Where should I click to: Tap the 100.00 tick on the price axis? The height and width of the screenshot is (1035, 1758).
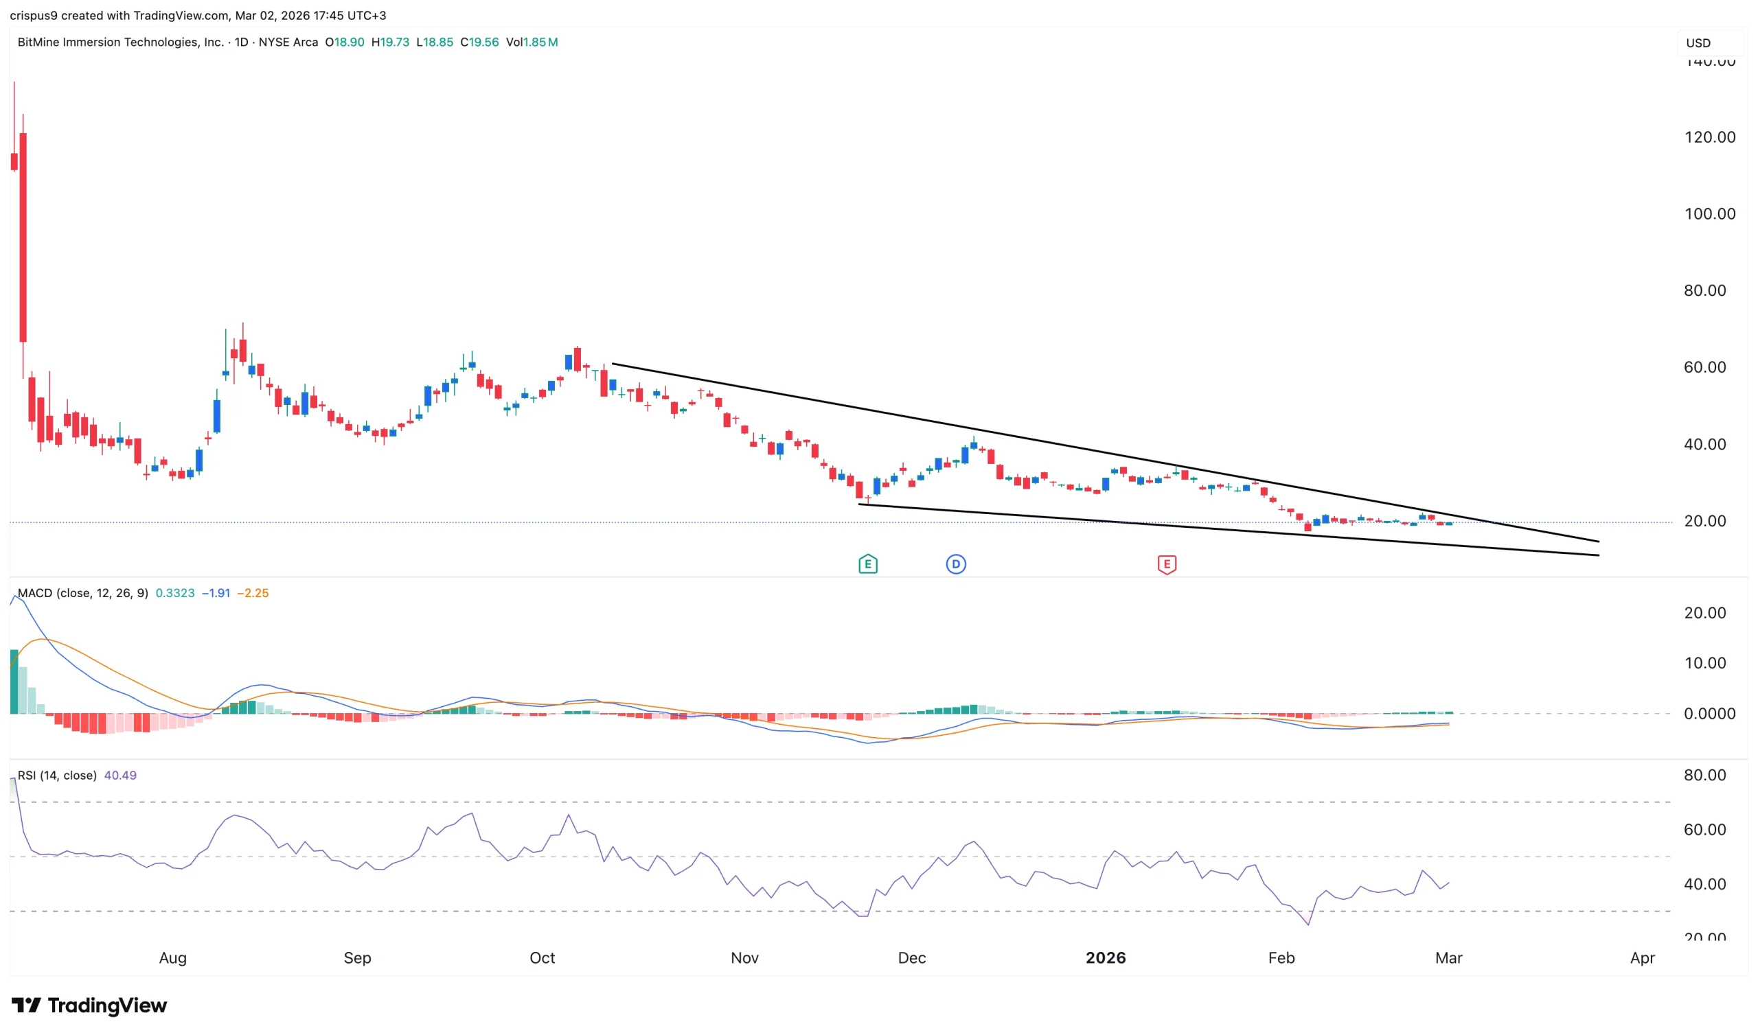tap(1709, 214)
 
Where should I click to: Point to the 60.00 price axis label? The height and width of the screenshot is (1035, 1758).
tap(1704, 368)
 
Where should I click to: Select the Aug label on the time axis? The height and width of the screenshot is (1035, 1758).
tap(172, 957)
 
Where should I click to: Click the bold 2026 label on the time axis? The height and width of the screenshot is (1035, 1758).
tap(1105, 957)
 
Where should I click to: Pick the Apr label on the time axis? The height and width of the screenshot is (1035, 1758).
tap(1641, 957)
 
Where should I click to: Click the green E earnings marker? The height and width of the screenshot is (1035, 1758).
tap(867, 564)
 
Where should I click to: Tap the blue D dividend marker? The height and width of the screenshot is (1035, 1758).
tap(955, 564)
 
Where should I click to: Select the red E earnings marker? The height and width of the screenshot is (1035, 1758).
tap(1167, 564)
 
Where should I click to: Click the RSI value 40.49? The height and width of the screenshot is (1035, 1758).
tap(120, 776)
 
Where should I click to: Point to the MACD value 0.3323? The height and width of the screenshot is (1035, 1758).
tap(174, 594)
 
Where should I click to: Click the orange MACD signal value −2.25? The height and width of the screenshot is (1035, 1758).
tap(253, 594)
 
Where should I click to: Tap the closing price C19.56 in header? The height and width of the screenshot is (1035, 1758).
tap(479, 43)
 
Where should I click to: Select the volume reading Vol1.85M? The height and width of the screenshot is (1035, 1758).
tap(532, 43)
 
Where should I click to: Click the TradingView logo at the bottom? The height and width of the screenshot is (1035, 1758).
tap(89, 1005)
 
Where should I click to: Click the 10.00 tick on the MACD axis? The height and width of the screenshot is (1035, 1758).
tap(1704, 663)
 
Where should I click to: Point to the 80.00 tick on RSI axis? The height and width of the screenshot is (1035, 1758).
tap(1704, 776)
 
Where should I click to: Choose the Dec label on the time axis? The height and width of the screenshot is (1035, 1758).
tap(911, 957)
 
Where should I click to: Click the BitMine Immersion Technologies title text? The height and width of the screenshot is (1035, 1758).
tap(120, 43)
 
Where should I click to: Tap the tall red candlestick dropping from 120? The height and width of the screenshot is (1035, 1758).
tap(23, 237)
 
